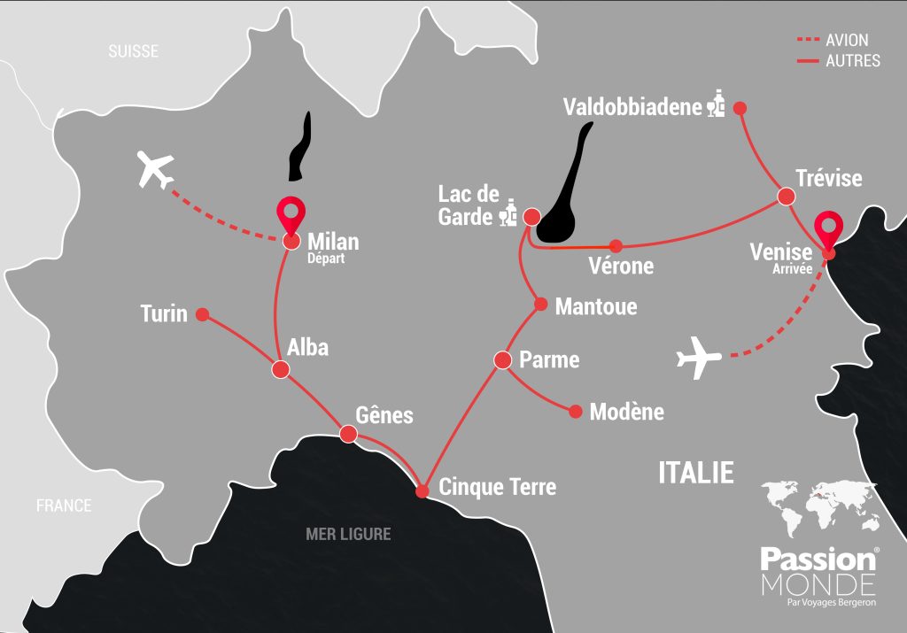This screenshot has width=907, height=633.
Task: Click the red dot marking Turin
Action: click(x=202, y=314)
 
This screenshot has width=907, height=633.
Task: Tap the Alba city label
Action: click(x=307, y=347)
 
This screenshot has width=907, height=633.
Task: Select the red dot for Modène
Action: click(x=576, y=412)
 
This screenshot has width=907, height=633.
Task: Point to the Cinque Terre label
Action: click(x=497, y=487)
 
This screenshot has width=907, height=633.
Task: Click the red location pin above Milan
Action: click(x=291, y=216)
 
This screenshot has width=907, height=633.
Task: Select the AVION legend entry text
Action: click(x=847, y=41)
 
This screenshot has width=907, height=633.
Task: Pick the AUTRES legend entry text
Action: click(x=853, y=61)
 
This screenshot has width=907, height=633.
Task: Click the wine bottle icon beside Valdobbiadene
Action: click(x=717, y=105)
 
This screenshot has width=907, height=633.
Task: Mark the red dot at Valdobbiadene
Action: click(x=741, y=108)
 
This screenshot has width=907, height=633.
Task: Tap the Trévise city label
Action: click(x=828, y=178)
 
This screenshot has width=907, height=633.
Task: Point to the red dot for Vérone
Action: click(x=616, y=245)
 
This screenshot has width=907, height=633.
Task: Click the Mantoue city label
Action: click(x=595, y=307)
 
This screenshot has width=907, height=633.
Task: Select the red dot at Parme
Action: click(x=503, y=360)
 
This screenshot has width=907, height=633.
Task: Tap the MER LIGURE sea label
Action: click(x=348, y=534)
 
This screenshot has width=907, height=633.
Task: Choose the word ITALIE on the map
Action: click(x=696, y=472)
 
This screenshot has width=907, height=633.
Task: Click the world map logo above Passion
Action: click(x=819, y=507)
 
